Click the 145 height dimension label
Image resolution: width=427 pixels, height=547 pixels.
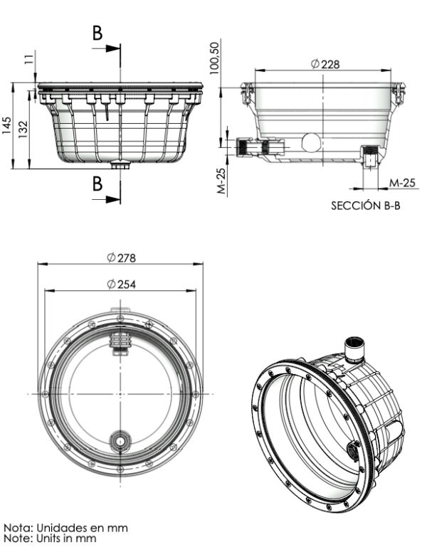[6, 127]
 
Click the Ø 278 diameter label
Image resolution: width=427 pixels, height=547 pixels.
[121, 257]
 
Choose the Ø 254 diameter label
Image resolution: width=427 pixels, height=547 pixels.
[121, 283]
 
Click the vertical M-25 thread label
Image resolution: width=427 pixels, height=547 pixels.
[221, 181]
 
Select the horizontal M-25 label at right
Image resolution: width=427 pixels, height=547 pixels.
[402, 183]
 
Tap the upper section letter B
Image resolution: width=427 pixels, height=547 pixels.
[97, 32]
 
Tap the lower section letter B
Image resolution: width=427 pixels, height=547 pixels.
[97, 183]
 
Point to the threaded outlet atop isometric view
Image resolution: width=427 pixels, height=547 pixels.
[353, 349]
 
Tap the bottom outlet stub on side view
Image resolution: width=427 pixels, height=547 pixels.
[120, 166]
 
